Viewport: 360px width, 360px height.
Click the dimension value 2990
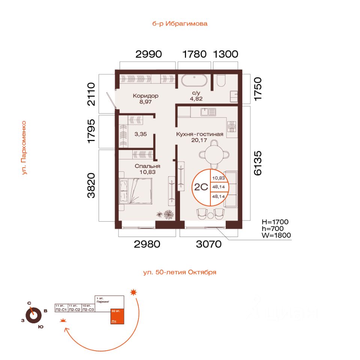tap(148, 54)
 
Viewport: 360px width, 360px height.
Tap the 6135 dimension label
tap(258, 163)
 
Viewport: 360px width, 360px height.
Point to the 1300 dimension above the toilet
tap(225, 54)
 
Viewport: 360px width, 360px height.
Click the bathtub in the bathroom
tap(194, 81)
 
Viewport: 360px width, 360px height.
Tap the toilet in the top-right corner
tap(220, 80)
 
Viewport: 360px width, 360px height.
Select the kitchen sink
tap(208, 112)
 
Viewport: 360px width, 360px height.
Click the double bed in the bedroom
tap(136, 190)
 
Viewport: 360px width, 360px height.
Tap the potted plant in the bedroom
tap(166, 214)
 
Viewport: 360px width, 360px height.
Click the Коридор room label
tap(145, 96)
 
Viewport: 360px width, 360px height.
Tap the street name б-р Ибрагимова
tap(180, 24)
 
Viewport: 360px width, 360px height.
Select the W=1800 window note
tap(276, 235)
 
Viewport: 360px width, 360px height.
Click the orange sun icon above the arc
tap(133, 292)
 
